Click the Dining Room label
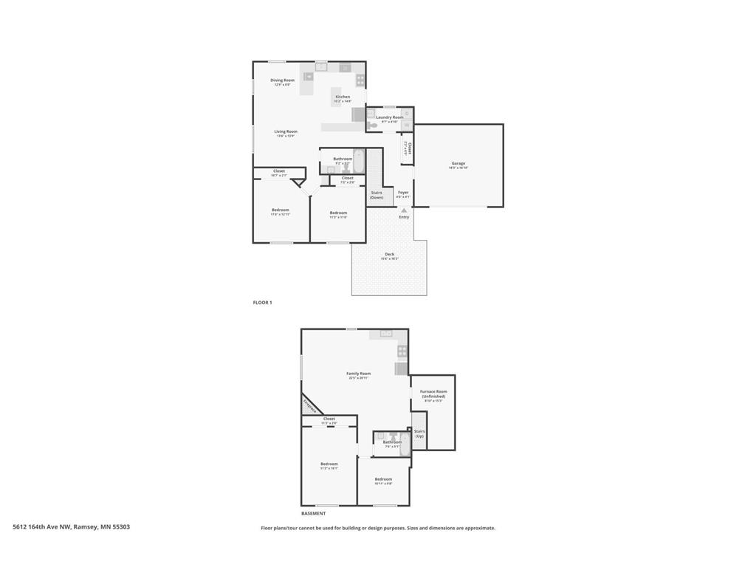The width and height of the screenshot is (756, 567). (282, 80)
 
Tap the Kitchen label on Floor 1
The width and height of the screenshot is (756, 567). (343, 97)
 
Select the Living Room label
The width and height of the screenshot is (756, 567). (286, 132)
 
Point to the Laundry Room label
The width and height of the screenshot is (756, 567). (389, 117)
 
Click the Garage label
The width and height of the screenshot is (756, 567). (458, 164)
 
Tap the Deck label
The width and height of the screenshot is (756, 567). (389, 255)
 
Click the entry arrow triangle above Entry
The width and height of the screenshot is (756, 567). (404, 210)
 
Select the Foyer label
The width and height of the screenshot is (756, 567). (403, 193)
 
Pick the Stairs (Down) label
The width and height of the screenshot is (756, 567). (377, 195)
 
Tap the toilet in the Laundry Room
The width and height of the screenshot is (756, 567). (373, 126)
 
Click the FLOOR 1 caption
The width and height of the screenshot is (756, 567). (262, 303)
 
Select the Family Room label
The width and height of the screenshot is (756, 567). (359, 374)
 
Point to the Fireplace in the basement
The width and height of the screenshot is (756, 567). (311, 405)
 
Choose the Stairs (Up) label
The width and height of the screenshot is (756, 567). (419, 433)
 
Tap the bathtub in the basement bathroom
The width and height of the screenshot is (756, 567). (405, 443)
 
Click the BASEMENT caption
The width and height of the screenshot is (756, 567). (313, 513)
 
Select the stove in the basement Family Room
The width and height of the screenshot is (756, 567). (402, 351)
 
